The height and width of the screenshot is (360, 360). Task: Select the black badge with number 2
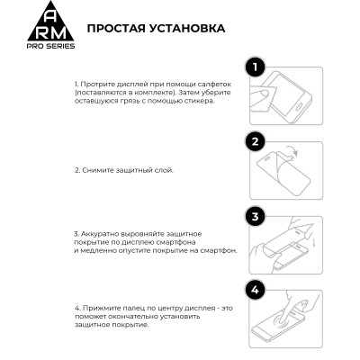[x=256, y=141]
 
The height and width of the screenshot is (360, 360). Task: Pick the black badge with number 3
[x=256, y=217]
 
